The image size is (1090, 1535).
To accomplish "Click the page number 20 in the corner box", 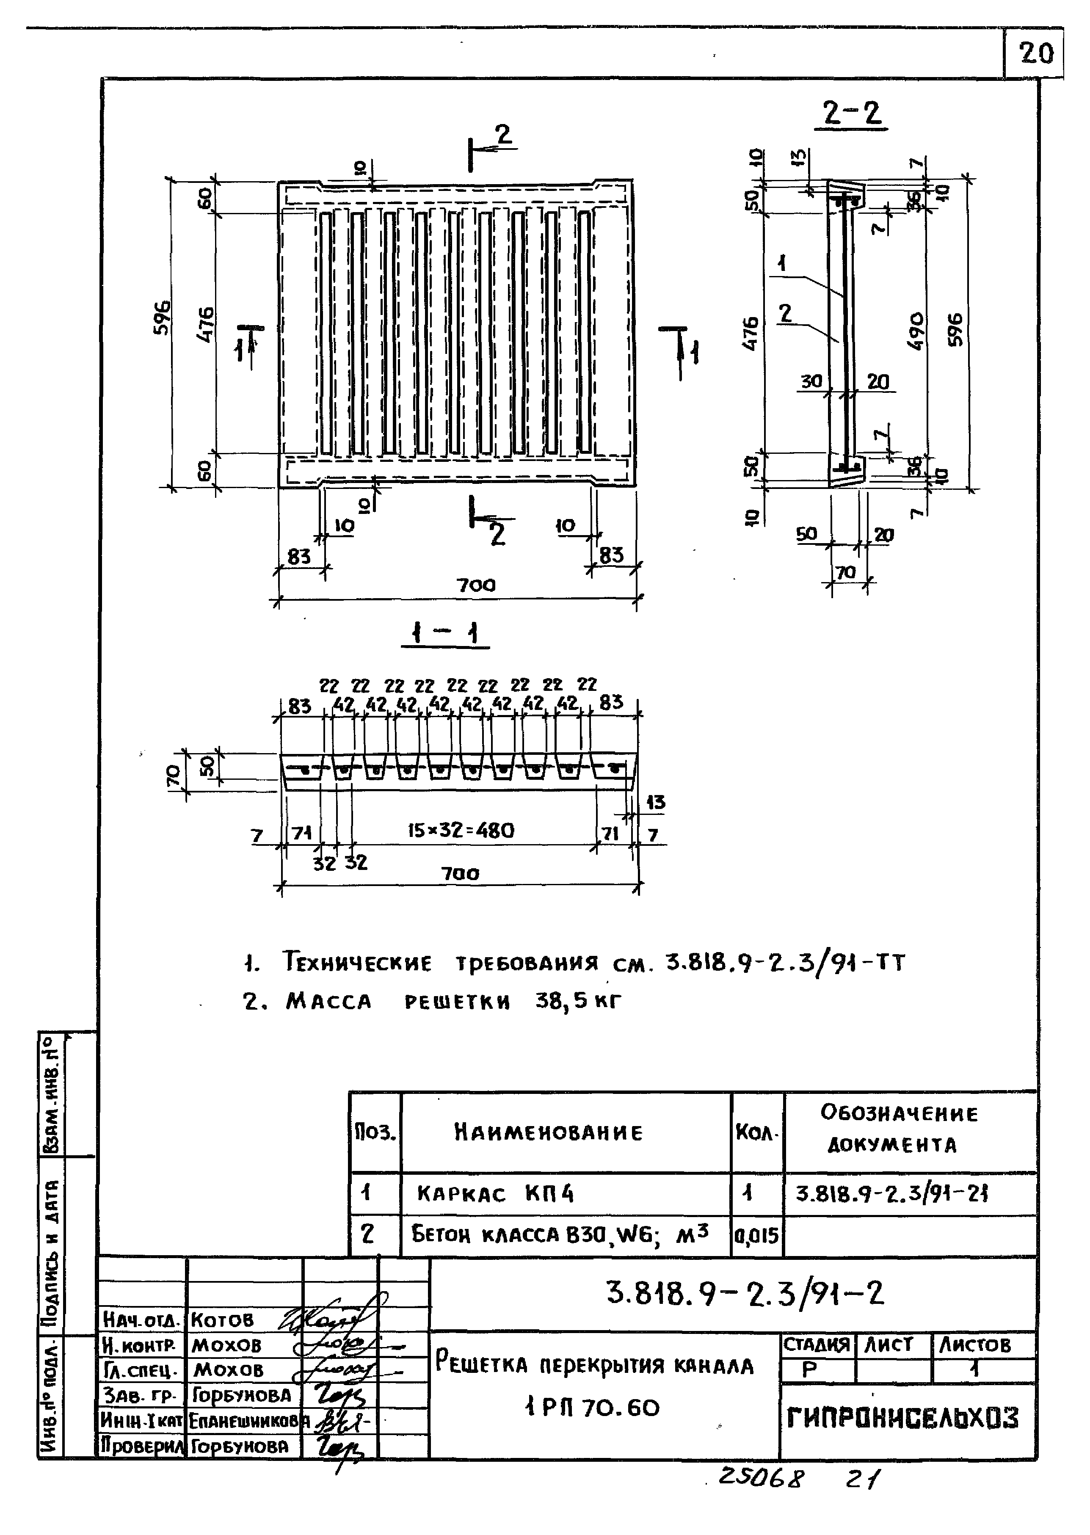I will click(1036, 53).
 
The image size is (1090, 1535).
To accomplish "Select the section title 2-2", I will click(852, 113).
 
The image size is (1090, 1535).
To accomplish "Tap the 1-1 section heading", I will click(445, 633).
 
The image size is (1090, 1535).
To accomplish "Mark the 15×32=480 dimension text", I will click(461, 831).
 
